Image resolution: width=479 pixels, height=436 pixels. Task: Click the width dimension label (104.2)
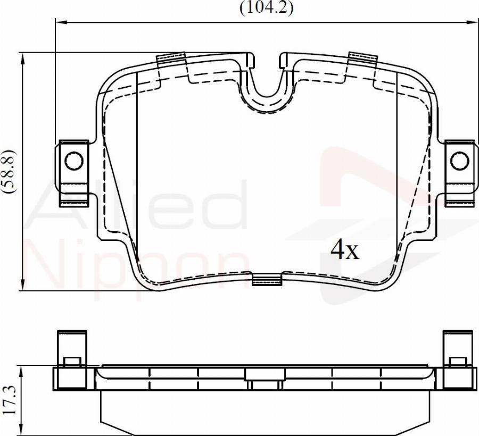[x=266, y=7]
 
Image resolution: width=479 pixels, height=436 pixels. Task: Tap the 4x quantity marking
[x=345, y=250]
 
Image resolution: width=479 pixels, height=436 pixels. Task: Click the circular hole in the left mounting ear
[x=73, y=160]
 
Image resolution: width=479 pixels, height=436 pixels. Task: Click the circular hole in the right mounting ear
[x=459, y=160]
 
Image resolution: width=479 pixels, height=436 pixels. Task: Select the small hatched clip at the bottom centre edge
[x=266, y=280]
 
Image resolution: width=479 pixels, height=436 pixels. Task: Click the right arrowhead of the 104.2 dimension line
[x=473, y=22]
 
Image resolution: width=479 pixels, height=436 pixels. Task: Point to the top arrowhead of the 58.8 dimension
[x=22, y=58]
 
